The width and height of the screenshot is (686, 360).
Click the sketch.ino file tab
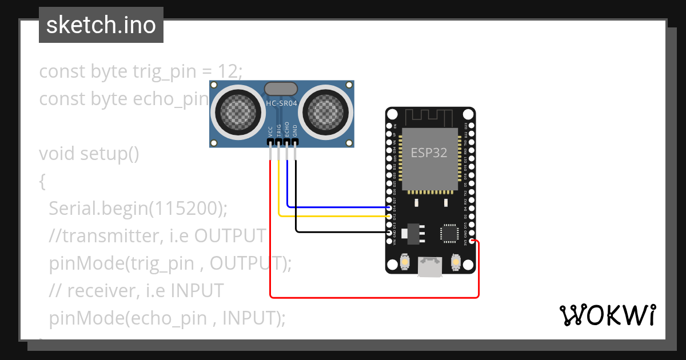coord(101,25)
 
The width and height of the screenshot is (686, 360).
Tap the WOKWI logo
coord(607,315)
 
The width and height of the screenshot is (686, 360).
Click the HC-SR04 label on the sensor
coord(281,103)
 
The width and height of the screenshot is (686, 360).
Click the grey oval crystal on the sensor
coord(281,88)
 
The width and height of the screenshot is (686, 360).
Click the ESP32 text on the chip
coord(429,153)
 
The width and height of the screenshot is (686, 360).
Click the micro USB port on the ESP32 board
coord(430,266)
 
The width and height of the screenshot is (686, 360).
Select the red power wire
coord(372,297)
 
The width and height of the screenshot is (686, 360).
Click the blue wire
coord(337,207)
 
